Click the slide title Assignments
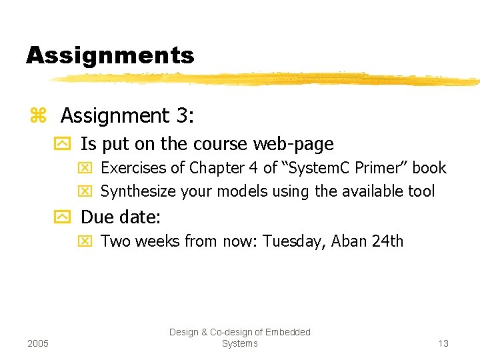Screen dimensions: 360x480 (110, 55)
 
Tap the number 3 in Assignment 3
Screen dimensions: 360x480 (184, 116)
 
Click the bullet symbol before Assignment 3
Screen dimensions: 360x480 (37, 116)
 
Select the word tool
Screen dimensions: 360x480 (421, 192)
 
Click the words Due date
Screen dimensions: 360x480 (121, 217)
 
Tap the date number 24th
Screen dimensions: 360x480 (388, 241)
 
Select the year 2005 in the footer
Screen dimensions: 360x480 (39, 343)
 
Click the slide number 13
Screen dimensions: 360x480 (443, 343)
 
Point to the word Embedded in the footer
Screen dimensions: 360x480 (288, 332)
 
